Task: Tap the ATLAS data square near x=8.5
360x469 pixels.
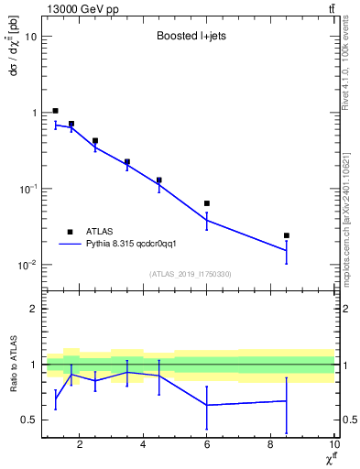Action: tap(287, 235)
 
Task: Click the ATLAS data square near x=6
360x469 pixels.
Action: tap(207, 203)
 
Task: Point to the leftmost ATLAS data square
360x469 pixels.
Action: tap(56, 111)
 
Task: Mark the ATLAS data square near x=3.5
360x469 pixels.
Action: tap(127, 162)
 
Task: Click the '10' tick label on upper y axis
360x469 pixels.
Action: tap(31, 37)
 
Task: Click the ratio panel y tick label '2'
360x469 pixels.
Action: tap(33, 309)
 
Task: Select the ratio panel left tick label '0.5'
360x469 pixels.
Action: tap(28, 420)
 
